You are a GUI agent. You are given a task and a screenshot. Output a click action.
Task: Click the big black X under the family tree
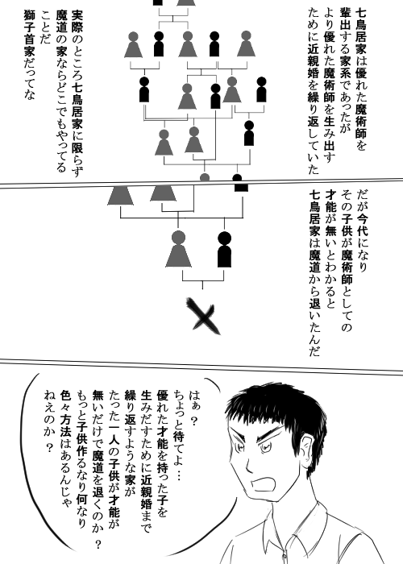pos(203,316)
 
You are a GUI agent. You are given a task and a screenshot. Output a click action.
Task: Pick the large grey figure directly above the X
pos(178,249)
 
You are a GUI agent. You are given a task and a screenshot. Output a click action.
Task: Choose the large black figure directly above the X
pos(225,249)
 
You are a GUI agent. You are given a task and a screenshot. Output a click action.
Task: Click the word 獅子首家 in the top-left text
pos(29,33)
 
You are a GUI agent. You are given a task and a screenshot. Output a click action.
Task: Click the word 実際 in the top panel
pos(77,21)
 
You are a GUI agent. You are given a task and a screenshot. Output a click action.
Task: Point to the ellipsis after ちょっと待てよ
pos(179,475)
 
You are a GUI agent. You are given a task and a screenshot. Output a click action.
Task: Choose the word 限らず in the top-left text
pos(77,160)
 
